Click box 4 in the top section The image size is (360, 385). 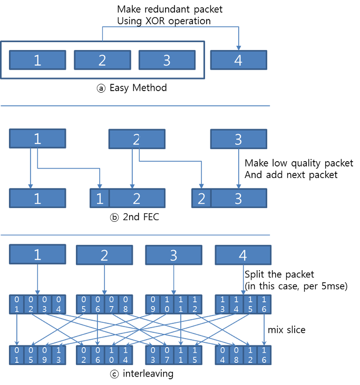click(238, 60)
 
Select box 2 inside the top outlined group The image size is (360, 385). click(102, 60)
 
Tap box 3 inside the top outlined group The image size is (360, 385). click(167, 60)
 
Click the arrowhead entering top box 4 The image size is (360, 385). click(238, 47)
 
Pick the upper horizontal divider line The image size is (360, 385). click(135, 106)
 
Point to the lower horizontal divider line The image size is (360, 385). click(135, 235)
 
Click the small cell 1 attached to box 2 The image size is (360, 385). click(99, 198)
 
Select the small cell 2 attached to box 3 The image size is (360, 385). click(201, 198)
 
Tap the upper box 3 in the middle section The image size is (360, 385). click(238, 139)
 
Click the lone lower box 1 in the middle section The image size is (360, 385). click(37, 198)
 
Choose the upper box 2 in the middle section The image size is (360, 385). click(137, 139)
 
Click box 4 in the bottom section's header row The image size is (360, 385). click(243, 255)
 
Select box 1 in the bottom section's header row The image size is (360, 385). click(37, 254)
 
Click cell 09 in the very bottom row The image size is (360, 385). click(45, 355)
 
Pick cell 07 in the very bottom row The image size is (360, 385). click(167, 355)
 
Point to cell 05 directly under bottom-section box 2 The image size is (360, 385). click(83, 304)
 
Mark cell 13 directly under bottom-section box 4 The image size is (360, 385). click(222, 304)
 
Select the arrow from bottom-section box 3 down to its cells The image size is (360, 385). click(173, 279)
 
